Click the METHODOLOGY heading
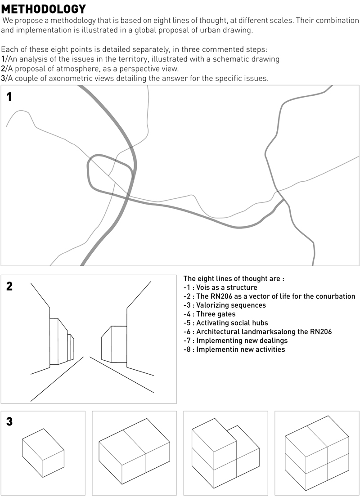(43, 9)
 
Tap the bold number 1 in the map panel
(9, 97)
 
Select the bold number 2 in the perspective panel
(9, 286)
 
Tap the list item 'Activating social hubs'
(226, 323)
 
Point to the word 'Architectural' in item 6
(218, 332)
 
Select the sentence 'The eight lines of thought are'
(234, 278)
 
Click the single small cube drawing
(44, 452)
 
